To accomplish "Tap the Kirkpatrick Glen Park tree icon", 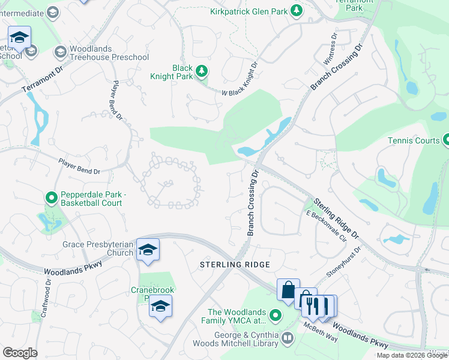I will pyautogui.click(x=296, y=11).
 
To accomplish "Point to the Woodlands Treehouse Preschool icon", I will pyautogui.click(x=60, y=52).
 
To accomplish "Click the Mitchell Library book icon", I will pyautogui.click(x=288, y=339).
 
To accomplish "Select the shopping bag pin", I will pyautogui.click(x=288, y=290).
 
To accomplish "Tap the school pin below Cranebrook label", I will pyautogui.click(x=160, y=307).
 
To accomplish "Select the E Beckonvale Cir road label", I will pyautogui.click(x=327, y=226).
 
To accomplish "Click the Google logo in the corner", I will pyautogui.click(x=20, y=353).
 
